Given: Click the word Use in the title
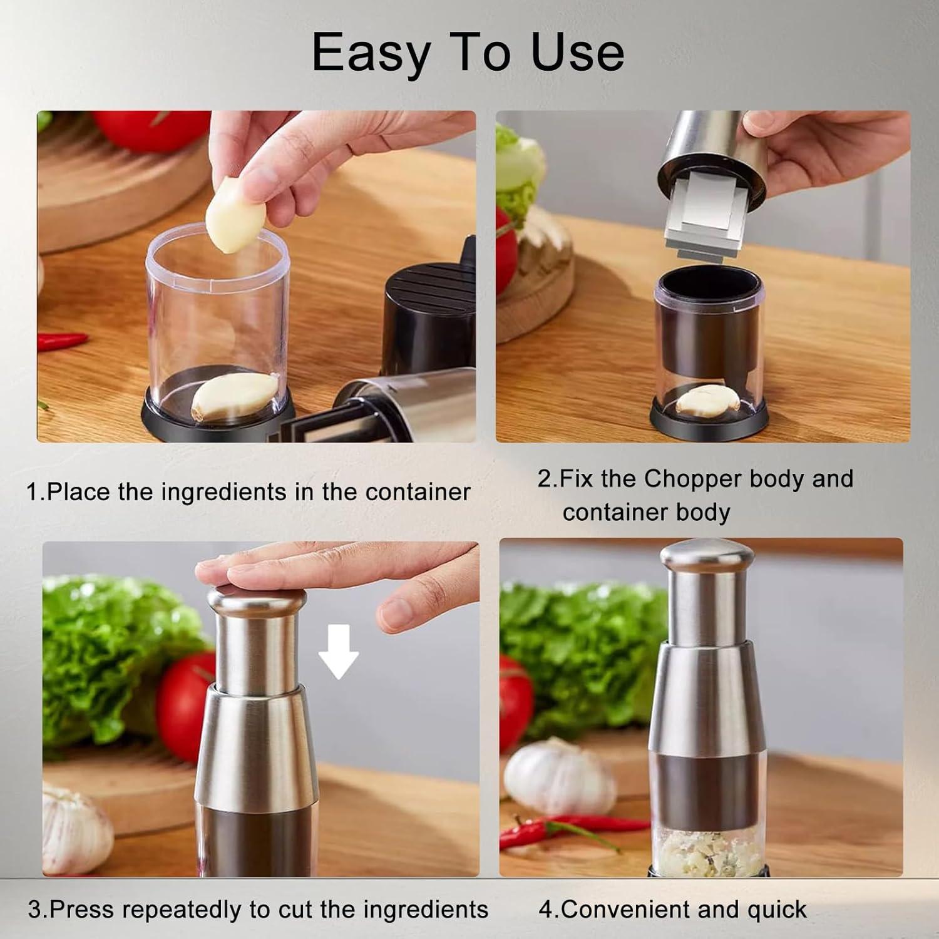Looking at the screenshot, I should (577, 53).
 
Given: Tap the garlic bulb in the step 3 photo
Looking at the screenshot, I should (75, 827).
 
